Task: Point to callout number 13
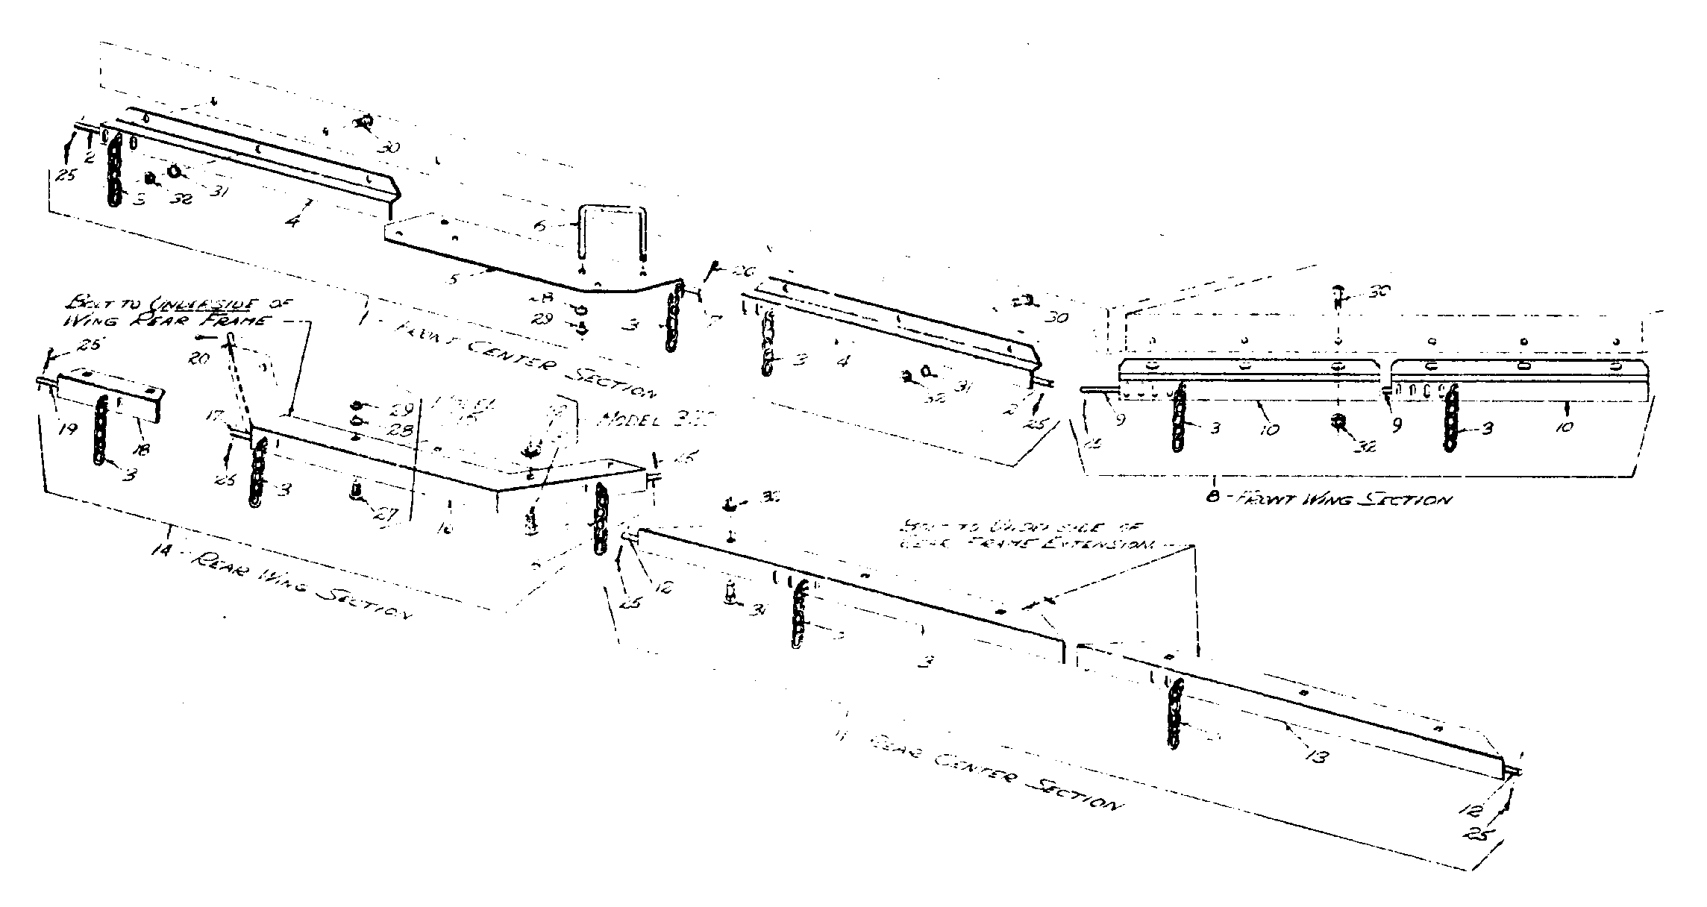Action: pyautogui.click(x=1317, y=756)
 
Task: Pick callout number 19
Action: pyautogui.click(x=69, y=430)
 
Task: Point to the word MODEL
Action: pyautogui.click(x=630, y=420)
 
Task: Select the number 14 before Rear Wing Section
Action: pyautogui.click(x=160, y=550)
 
